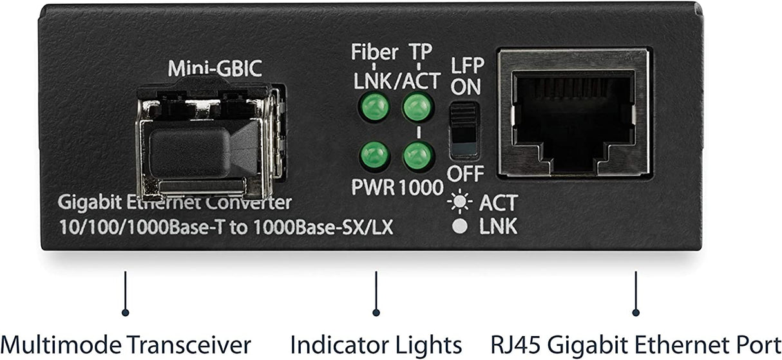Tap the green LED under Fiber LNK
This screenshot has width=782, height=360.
click(x=374, y=107)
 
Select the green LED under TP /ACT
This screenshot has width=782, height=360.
click(x=417, y=107)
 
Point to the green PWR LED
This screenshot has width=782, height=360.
click(x=374, y=155)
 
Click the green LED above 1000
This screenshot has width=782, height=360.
click(x=417, y=155)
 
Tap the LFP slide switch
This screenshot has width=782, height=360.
click(x=464, y=129)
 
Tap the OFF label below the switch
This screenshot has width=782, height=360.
click(x=465, y=174)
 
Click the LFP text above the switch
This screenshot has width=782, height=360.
click(x=466, y=66)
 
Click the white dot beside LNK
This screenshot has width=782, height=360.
click(x=460, y=226)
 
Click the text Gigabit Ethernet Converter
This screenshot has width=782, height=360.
click(x=175, y=204)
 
